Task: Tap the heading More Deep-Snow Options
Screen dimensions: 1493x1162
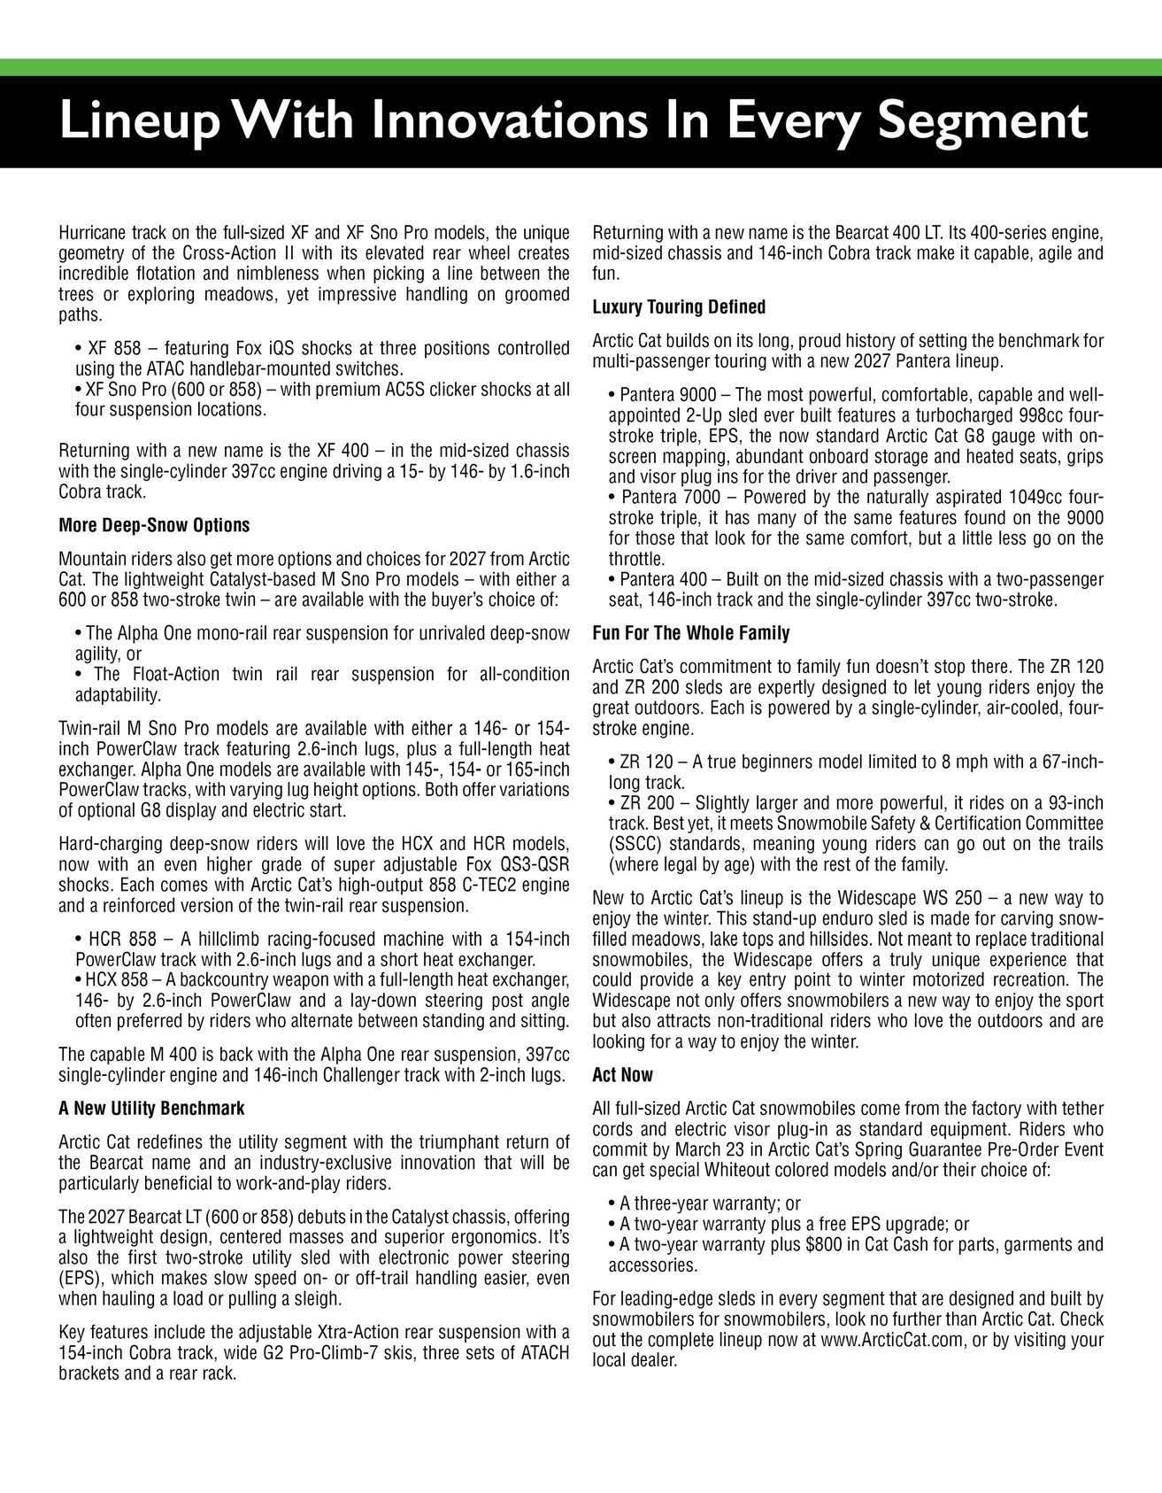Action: coord(154,525)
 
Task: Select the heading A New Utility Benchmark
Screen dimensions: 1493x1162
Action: coord(151,1108)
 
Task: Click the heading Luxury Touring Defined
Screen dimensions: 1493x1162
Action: coord(679,307)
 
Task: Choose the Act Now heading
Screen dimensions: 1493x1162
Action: coord(622,1075)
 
